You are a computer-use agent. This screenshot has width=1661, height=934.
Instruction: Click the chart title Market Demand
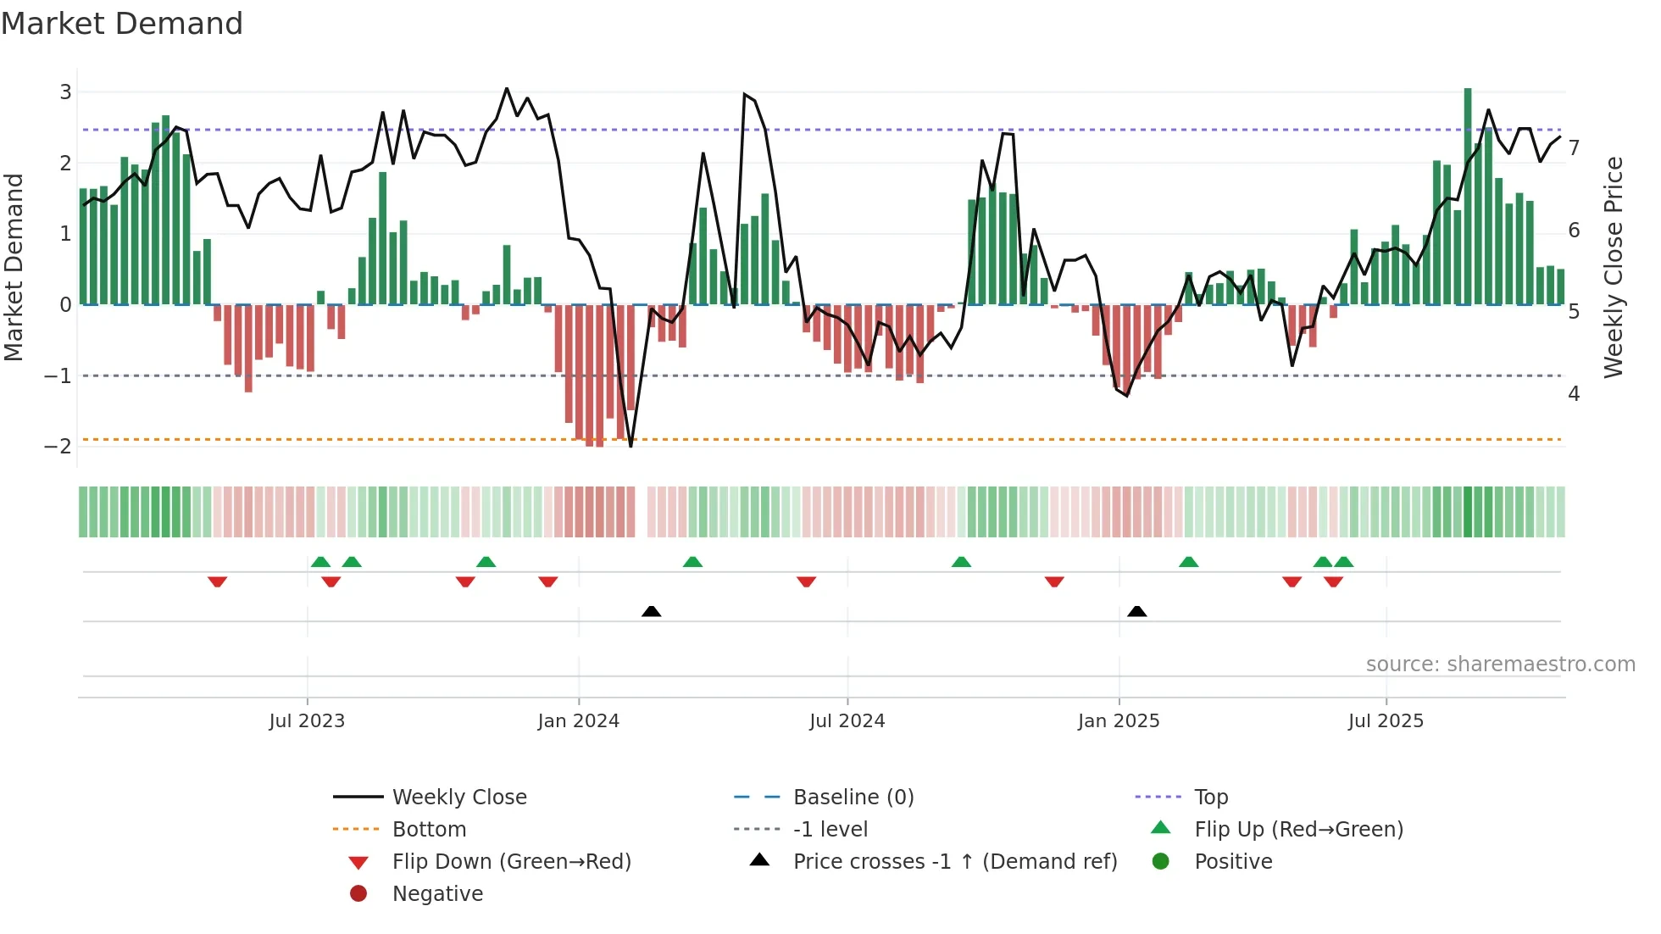pyautogui.click(x=122, y=24)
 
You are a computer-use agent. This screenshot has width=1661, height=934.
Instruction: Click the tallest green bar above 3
pyautogui.click(x=1468, y=195)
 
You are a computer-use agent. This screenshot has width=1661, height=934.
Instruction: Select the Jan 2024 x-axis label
pyautogui.click(x=578, y=721)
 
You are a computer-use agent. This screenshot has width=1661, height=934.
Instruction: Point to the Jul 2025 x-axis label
pyautogui.click(x=1386, y=721)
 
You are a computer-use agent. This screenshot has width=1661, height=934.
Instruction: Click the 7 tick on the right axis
pyautogui.click(x=1574, y=148)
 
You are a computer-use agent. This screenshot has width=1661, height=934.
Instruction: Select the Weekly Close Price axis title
pyautogui.click(x=1614, y=267)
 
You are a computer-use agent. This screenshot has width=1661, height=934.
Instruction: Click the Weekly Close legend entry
pyautogui.click(x=458, y=797)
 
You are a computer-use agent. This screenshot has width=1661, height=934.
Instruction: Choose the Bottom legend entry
pyautogui.click(x=429, y=829)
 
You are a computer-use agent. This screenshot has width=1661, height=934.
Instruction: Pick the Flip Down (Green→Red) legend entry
pyautogui.click(x=511, y=861)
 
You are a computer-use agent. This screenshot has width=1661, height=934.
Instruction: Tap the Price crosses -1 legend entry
pyautogui.click(x=954, y=861)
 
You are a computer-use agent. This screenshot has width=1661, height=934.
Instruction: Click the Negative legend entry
pyautogui.click(x=437, y=893)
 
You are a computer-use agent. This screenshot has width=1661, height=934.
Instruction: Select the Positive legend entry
pyautogui.click(x=1233, y=861)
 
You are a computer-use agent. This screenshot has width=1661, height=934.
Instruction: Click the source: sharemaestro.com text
pyautogui.click(x=1500, y=664)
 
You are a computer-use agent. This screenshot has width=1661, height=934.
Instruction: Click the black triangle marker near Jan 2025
pyautogui.click(x=1137, y=611)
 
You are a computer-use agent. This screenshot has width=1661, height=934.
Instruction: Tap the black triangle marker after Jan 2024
pyautogui.click(x=651, y=611)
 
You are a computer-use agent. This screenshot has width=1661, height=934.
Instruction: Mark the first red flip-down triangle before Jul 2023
pyautogui.click(x=217, y=581)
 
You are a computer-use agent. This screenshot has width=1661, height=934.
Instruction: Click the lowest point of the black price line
pyautogui.click(x=631, y=446)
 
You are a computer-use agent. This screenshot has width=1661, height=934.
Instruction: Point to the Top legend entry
pyautogui.click(x=1211, y=797)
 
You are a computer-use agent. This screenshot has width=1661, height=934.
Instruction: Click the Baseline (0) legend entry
pyautogui.click(x=853, y=797)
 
